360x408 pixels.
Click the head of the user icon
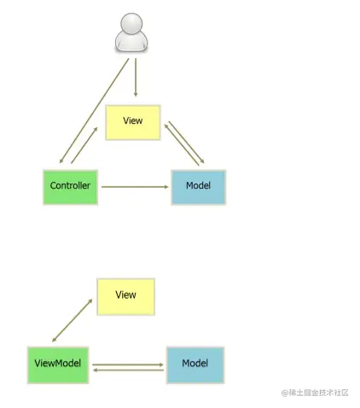pos(131,22)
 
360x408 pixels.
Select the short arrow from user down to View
pos(136,78)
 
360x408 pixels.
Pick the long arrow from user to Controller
pos(94,111)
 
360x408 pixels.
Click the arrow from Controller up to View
pos(84,145)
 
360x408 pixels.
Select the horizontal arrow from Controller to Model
pos(135,187)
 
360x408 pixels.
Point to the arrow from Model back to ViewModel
pos(128,370)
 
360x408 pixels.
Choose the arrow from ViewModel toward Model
pos(128,364)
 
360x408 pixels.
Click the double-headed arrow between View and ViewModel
pos(73,320)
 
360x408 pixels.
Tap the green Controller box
pos(70,187)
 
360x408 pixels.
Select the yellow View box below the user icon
pos(133,122)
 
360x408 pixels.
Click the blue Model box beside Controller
pos(199,187)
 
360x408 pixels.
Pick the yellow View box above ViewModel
pos(125,296)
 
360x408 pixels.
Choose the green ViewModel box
pos(58,365)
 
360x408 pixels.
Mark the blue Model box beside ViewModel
pos(195,365)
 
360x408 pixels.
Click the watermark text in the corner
pos(315,393)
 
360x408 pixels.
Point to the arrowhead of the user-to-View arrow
pos(136,94)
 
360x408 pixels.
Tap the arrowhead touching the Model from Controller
pos(166,187)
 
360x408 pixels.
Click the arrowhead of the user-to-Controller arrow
pos(61,160)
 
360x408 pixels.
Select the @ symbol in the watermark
pos(284,393)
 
